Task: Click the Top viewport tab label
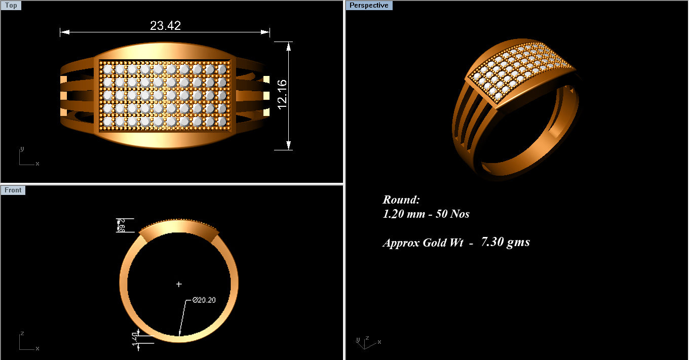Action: pyautogui.click(x=11, y=6)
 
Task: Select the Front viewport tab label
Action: pyautogui.click(x=13, y=190)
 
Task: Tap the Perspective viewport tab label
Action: pyautogui.click(x=369, y=6)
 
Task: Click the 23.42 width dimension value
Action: pyautogui.click(x=165, y=25)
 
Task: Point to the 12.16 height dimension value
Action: pyautogui.click(x=282, y=94)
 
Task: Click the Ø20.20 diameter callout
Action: pyautogui.click(x=204, y=300)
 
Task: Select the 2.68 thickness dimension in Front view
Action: pyautogui.click(x=122, y=225)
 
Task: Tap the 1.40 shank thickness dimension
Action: pyautogui.click(x=136, y=339)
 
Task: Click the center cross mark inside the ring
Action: pyautogui.click(x=179, y=285)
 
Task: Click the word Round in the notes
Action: pyautogui.click(x=401, y=199)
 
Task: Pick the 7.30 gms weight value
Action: pyautogui.click(x=505, y=242)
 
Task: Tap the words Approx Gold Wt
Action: pyautogui.click(x=423, y=243)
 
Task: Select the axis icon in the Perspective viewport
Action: pyautogui.click(x=365, y=342)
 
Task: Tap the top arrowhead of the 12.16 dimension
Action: pyautogui.click(x=288, y=46)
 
